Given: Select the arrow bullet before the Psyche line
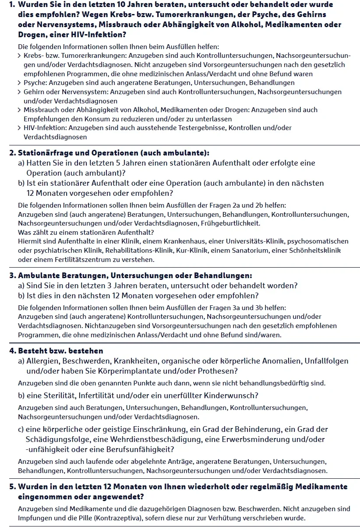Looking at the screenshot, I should coord(20,83).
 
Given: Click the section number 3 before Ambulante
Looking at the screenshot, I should coord(12,276).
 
